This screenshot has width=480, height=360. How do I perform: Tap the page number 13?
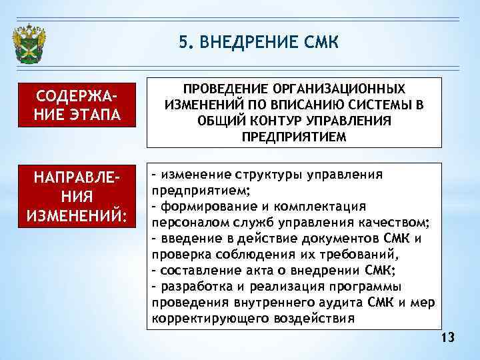[447, 339]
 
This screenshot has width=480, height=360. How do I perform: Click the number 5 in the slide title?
[183, 43]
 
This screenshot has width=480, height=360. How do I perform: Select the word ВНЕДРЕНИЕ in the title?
[246, 43]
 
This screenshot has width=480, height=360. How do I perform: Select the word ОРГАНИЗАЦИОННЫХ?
[345, 89]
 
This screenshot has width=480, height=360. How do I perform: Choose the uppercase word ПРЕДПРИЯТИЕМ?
[294, 137]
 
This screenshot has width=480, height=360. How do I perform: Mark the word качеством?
[395, 223]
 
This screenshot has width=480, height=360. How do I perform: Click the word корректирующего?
[201, 319]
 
